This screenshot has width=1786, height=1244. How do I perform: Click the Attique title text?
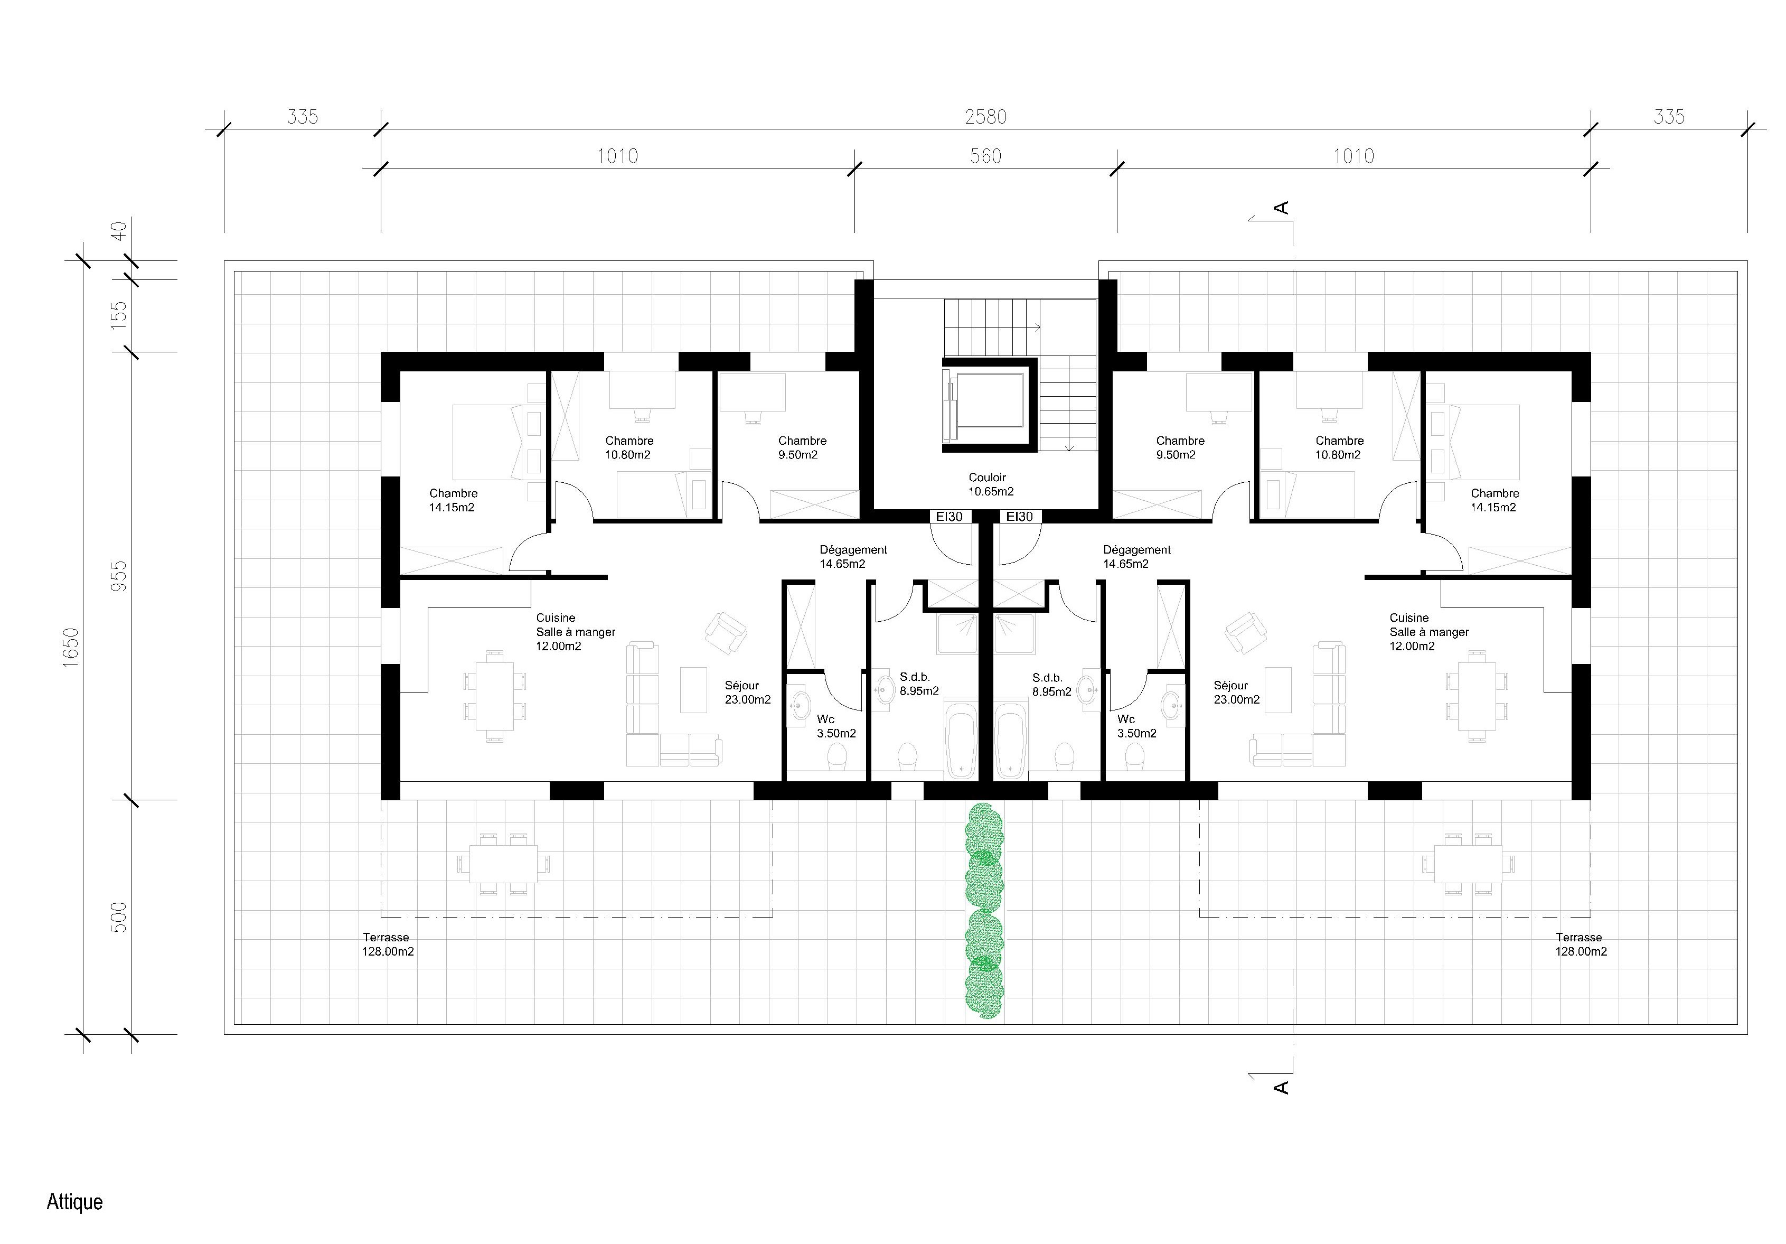tap(74, 1202)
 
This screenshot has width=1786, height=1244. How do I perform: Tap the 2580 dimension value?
tap(985, 117)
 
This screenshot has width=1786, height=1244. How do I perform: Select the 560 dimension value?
tap(985, 156)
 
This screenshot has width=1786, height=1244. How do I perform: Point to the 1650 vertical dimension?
tap(71, 647)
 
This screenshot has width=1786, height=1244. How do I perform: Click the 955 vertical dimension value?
tap(119, 576)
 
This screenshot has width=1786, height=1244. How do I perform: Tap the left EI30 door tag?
tap(949, 517)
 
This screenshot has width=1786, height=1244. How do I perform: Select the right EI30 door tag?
tap(1020, 517)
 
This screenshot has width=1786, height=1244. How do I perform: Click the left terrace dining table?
tap(503, 864)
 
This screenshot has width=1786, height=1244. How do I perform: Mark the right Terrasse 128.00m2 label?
tap(1582, 944)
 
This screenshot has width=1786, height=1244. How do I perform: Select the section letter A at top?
tap(1281, 208)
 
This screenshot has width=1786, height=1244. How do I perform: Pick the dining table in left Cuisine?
tap(495, 695)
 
